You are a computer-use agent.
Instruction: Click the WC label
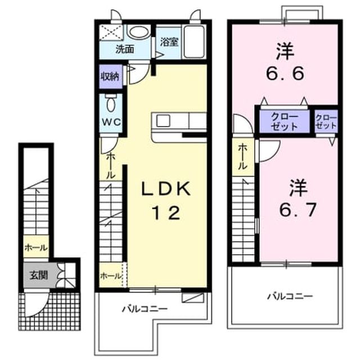tap(111, 122)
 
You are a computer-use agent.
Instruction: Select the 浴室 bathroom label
tap(169, 42)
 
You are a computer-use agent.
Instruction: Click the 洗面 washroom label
tap(125, 49)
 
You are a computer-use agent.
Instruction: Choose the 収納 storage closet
tap(111, 76)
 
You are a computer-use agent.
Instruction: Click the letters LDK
tap(166, 189)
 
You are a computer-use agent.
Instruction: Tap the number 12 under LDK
tap(166, 213)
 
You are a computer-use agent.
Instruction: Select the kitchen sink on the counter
tap(163, 121)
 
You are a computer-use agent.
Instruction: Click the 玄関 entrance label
tap(39, 275)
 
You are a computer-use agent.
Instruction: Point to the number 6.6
tap(286, 73)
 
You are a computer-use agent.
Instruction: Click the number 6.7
tap(298, 209)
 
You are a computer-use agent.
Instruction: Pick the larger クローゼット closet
tap(285, 121)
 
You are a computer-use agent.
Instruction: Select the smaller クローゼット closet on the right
tap(326, 121)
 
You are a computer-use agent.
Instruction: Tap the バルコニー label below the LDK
tap(145, 309)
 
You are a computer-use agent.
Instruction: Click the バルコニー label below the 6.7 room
tap(290, 296)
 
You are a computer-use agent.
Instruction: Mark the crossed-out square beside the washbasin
tap(111, 33)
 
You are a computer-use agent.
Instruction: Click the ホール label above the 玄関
tap(36, 247)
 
